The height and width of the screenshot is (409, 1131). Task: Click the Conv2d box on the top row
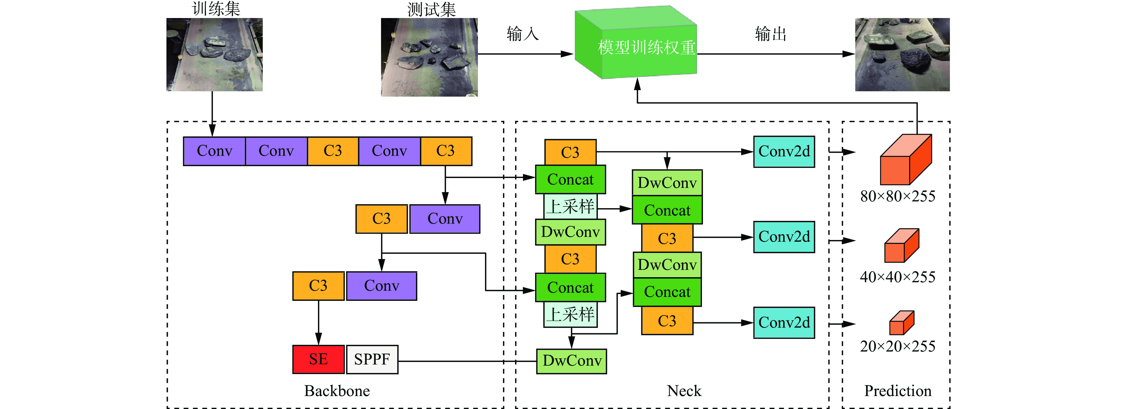point(784,152)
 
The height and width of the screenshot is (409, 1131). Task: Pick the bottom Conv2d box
point(784,323)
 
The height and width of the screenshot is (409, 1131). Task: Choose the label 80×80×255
point(898,196)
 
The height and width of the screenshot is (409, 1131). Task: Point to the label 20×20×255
point(898,346)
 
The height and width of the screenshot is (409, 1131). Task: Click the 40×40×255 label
point(898,277)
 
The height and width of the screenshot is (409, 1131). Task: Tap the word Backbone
point(337,390)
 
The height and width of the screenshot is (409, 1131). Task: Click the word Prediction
point(898,390)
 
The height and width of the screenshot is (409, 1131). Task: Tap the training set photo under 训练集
point(214,54)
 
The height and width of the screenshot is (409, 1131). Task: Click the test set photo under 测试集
point(429,57)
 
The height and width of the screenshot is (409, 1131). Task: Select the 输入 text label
point(522,34)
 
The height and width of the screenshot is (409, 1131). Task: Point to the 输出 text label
point(771,34)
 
